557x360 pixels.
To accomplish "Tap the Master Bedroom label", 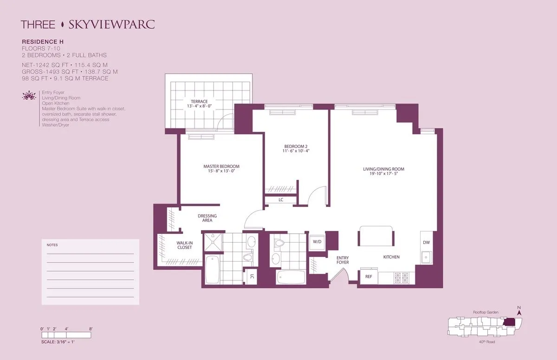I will pyautogui.click(x=221, y=167).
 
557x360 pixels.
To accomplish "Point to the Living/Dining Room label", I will pyautogui.click(x=384, y=169).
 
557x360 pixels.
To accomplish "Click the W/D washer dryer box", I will pyautogui.click(x=317, y=242).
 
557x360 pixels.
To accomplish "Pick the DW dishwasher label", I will pyautogui.click(x=426, y=243).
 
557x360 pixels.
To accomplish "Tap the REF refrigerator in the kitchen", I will pyautogui.click(x=369, y=276).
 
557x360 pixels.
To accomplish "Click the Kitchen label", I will pyautogui.click(x=391, y=257).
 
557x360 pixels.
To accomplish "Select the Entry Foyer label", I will pyautogui.click(x=343, y=260).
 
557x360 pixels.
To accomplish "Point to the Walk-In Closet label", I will pyautogui.click(x=184, y=245).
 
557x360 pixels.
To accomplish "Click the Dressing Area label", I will pyautogui.click(x=207, y=218).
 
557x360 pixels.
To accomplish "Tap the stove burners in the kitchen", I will pyautogui.click(x=400, y=278).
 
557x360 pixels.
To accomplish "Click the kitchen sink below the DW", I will pyautogui.click(x=426, y=257).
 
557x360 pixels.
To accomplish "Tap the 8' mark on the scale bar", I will pyautogui.click(x=91, y=329).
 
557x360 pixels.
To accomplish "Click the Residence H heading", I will pyautogui.click(x=42, y=41).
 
